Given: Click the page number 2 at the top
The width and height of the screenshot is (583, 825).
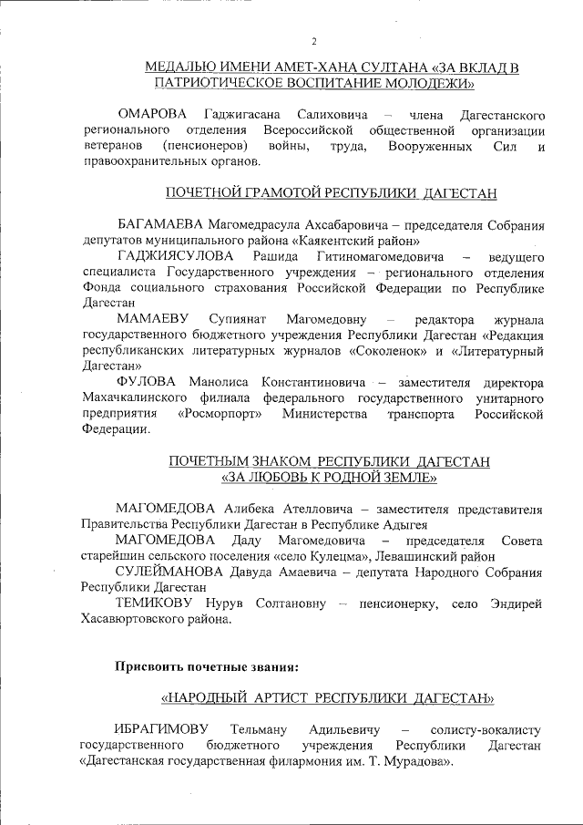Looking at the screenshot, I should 314,41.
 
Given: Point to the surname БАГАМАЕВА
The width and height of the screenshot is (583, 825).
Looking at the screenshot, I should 160,225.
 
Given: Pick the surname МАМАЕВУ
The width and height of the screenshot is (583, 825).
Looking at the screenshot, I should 149,320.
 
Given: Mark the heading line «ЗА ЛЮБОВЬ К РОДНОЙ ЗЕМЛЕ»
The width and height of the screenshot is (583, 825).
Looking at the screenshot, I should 330,477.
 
